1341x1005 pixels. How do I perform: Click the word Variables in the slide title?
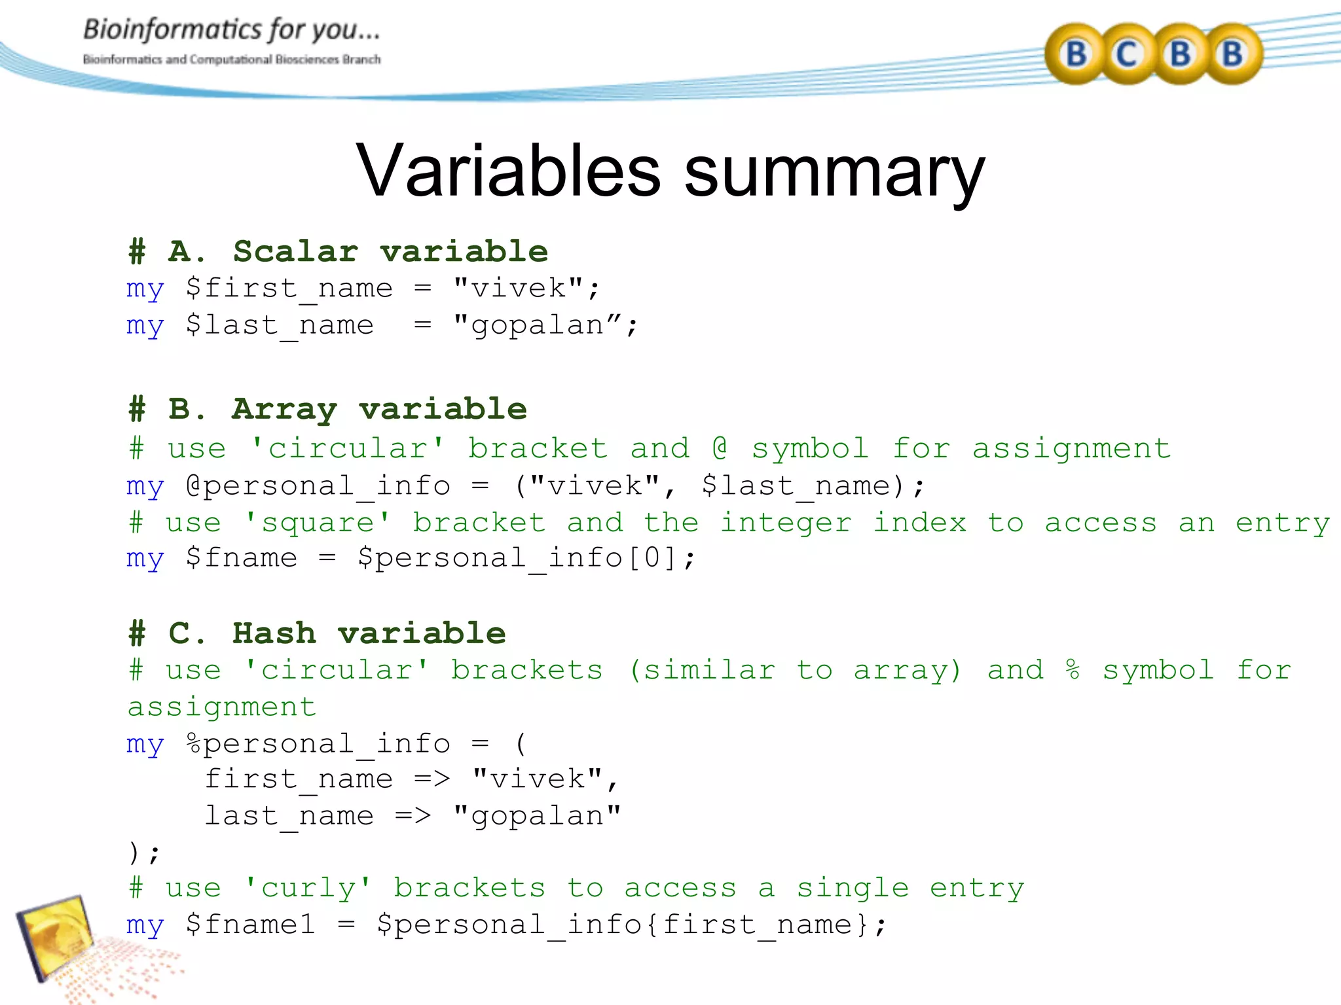point(508,171)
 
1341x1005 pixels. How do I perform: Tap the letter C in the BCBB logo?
point(1127,54)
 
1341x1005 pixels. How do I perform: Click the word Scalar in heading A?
point(295,252)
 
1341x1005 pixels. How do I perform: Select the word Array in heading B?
point(284,410)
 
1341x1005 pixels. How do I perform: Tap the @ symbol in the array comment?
point(720,448)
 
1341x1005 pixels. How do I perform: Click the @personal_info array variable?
point(318,486)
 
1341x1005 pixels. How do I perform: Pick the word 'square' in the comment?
point(318,523)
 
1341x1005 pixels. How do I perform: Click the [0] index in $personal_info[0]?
point(651,558)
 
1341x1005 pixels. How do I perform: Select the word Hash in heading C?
point(274,633)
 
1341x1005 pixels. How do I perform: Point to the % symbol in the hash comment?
point(1073,670)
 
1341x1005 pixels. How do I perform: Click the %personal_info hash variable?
point(318,744)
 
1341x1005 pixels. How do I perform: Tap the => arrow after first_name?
point(432,779)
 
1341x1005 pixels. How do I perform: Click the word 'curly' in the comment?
point(308,889)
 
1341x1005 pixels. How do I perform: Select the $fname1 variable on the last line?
point(250,925)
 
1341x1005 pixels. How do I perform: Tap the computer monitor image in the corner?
point(56,936)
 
